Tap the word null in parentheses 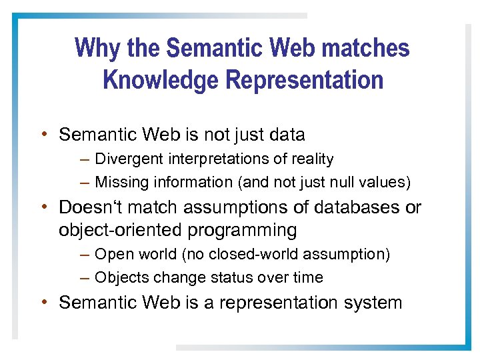pos(347,182)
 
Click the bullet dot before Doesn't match pos(43,207)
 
